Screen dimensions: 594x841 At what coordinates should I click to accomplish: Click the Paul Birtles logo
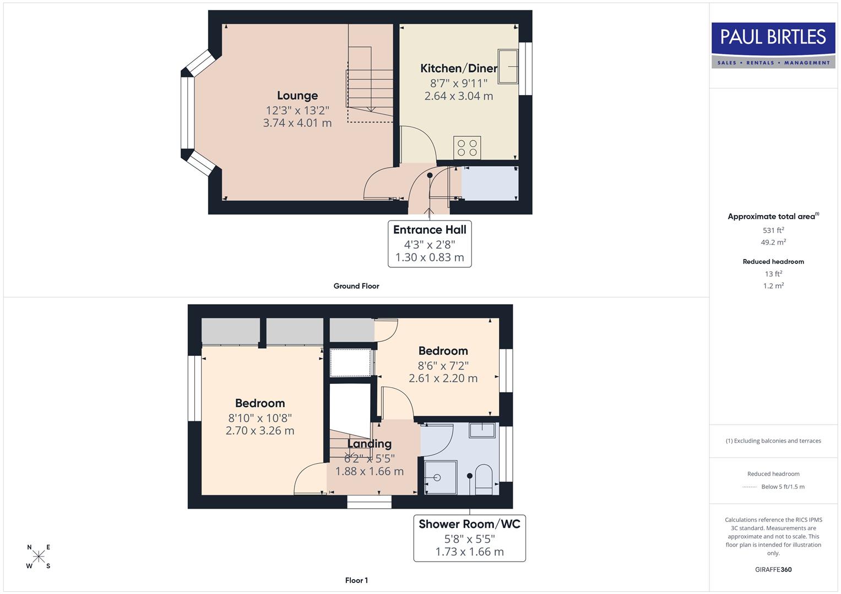[773, 45]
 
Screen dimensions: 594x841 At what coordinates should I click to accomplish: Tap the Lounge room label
[297, 96]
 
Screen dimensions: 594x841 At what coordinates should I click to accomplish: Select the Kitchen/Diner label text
[458, 68]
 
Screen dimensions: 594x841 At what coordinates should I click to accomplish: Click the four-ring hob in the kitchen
[467, 148]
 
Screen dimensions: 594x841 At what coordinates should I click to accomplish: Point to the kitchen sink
[507, 67]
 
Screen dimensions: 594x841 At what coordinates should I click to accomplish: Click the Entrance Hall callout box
[430, 244]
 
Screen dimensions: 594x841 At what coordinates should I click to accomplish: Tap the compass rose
[39, 557]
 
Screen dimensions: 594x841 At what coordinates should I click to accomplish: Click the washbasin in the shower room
[481, 430]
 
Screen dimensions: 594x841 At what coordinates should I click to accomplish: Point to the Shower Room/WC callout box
[469, 538]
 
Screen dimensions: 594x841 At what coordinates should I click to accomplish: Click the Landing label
[369, 443]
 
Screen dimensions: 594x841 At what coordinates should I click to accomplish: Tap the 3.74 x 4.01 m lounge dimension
[297, 123]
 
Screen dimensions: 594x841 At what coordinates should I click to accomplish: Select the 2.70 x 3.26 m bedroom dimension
[260, 431]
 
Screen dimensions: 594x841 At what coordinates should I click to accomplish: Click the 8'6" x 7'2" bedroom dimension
[443, 365]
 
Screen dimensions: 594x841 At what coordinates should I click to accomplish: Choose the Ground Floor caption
[356, 286]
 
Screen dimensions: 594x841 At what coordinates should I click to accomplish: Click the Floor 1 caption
[356, 580]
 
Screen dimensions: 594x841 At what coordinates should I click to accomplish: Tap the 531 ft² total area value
[773, 230]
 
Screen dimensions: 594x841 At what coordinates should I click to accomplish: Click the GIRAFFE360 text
[773, 569]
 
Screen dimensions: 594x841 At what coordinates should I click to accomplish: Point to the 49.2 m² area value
[773, 242]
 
